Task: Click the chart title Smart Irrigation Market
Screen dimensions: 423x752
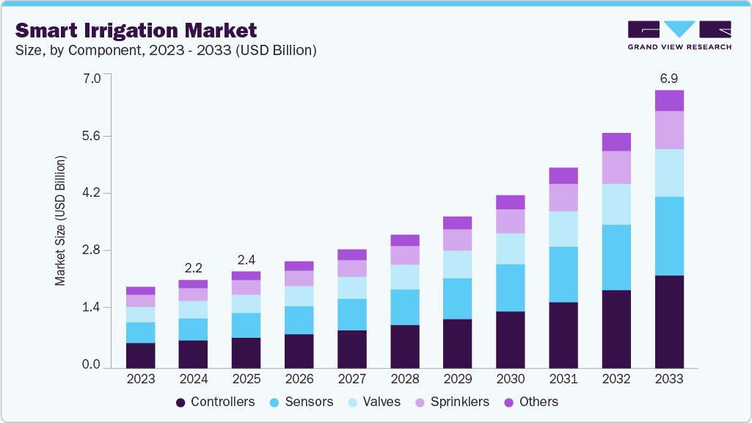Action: (x=136, y=30)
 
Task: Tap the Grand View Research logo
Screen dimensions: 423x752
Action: (x=679, y=35)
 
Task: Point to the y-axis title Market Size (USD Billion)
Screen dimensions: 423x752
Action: (x=60, y=220)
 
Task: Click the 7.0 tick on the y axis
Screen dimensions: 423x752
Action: (x=92, y=78)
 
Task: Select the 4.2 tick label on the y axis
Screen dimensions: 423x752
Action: (x=92, y=194)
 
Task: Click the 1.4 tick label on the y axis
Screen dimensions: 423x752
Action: (x=92, y=308)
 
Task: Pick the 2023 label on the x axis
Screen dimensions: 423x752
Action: (x=140, y=380)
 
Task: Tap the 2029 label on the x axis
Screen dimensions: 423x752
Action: (x=457, y=380)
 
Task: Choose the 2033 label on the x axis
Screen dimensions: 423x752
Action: (x=669, y=380)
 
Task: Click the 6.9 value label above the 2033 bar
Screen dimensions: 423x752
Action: (x=669, y=77)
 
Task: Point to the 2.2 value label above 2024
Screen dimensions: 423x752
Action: (x=193, y=267)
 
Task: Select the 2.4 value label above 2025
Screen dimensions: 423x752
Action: (x=246, y=259)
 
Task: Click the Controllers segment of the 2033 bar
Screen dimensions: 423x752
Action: (x=669, y=322)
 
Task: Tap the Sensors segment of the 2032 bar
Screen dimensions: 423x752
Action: (x=616, y=257)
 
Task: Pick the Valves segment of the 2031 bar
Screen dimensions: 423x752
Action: (x=563, y=229)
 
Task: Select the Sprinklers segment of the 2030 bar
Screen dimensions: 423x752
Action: (x=511, y=221)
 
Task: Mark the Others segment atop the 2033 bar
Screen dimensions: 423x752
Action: (x=669, y=101)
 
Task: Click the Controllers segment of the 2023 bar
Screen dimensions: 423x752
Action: (x=140, y=355)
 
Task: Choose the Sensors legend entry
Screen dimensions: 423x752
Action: (x=302, y=402)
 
